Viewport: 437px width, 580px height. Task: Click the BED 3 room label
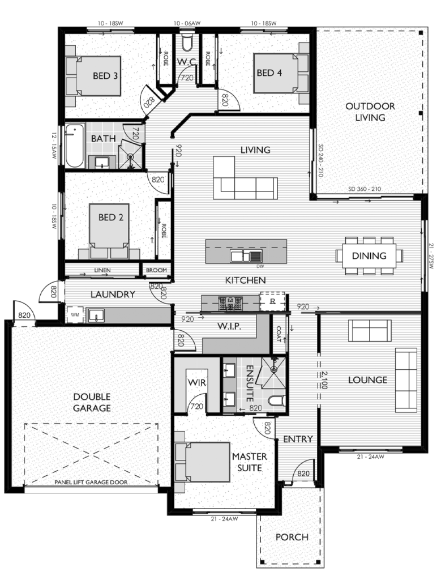pyautogui.click(x=105, y=75)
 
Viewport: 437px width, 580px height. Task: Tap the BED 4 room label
pyautogui.click(x=269, y=72)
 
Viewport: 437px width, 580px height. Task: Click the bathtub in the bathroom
pyautogui.click(x=74, y=146)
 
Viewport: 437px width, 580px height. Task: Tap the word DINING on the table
pyautogui.click(x=369, y=256)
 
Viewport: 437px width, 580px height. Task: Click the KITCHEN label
pyautogui.click(x=245, y=280)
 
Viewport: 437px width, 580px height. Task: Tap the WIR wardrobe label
pyautogui.click(x=196, y=383)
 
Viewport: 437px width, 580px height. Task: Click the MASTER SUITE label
pyautogui.click(x=246, y=462)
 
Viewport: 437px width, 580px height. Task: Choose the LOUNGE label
pyautogui.click(x=367, y=379)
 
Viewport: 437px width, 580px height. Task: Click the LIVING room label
pyautogui.click(x=255, y=150)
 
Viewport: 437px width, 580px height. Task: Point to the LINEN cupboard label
pyautogui.click(x=102, y=270)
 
